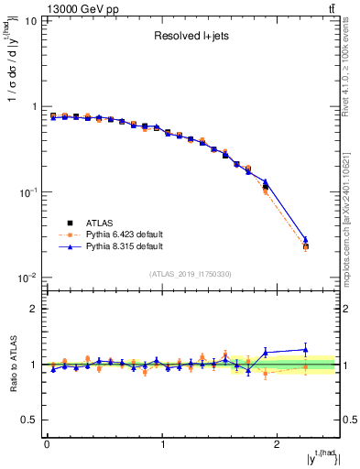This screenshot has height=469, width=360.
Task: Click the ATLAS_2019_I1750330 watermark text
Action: (190, 274)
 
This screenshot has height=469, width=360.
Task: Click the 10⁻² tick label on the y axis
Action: (27, 278)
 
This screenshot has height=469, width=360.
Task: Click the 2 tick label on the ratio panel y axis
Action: (35, 309)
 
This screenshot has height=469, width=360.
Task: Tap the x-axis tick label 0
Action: (47, 445)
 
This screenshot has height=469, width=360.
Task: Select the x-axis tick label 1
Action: (163, 445)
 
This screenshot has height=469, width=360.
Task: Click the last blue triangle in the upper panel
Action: (306, 240)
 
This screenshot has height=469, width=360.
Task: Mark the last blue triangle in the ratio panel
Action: (306, 349)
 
